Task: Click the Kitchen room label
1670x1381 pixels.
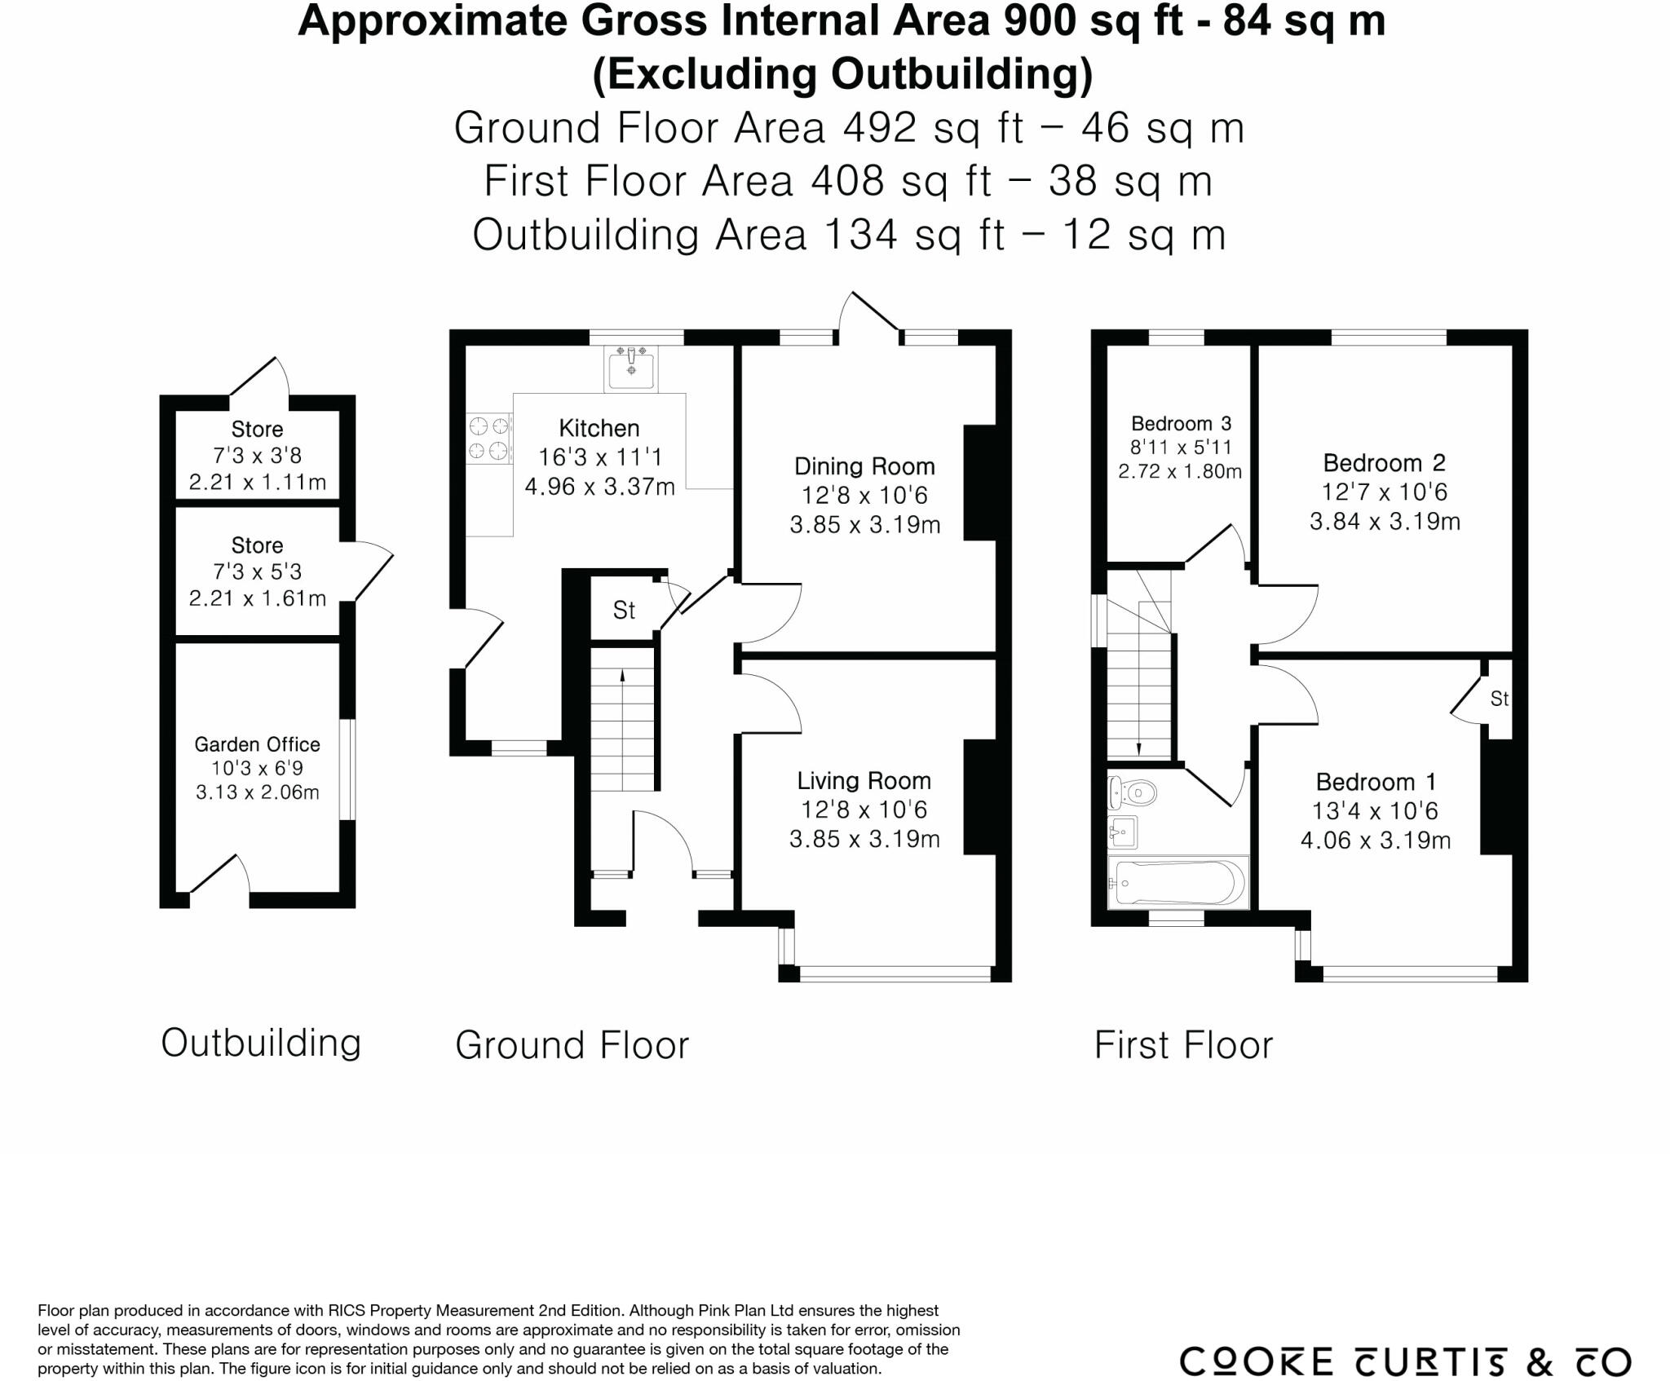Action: [599, 428]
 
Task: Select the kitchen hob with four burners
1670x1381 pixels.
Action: [488, 438]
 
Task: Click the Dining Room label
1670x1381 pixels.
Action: [864, 466]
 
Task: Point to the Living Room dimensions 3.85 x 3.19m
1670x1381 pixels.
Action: [864, 839]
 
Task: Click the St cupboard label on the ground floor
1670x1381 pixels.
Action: [624, 610]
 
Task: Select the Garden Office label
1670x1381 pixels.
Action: [257, 743]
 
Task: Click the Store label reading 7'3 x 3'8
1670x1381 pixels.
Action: [257, 430]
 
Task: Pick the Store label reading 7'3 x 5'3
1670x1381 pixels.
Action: [257, 545]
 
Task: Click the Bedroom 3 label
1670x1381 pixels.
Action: [1181, 423]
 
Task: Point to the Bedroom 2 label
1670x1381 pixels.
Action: [1384, 463]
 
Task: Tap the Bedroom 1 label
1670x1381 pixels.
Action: [1376, 782]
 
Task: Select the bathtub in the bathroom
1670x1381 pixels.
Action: [1178, 882]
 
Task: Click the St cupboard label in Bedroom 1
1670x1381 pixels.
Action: [1499, 699]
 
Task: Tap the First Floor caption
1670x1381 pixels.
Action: [1183, 1045]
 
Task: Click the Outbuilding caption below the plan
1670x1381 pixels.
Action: [261, 1043]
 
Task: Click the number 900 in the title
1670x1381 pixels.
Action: [1040, 21]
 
